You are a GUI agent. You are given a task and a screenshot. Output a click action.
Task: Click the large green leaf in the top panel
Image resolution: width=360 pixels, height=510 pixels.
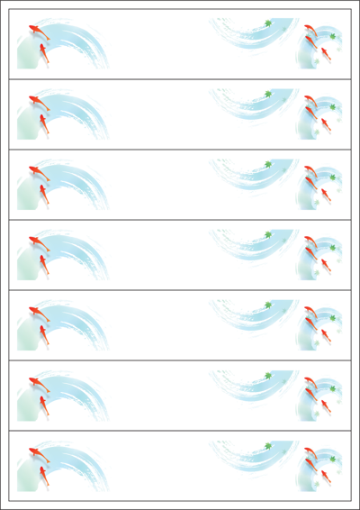[x=267, y=23]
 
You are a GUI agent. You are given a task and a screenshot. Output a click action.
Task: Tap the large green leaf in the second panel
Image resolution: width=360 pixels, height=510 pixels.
[x=267, y=94]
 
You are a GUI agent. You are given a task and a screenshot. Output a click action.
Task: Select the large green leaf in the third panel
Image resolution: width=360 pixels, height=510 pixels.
[x=267, y=164]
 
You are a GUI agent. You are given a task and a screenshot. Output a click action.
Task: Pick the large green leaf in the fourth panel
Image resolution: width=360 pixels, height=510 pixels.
[x=267, y=234]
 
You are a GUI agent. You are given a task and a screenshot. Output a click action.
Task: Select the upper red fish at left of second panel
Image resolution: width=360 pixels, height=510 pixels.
[x=35, y=100]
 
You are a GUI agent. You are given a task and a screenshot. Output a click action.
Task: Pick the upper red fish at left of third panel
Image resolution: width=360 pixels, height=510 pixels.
[x=35, y=170]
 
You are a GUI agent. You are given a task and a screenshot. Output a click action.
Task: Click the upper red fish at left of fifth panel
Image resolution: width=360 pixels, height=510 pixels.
[x=35, y=311]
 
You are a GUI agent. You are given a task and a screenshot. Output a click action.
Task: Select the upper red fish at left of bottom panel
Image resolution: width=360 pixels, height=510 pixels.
[x=35, y=451]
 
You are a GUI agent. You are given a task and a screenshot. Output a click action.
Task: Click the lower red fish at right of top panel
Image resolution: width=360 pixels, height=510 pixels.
[x=325, y=54]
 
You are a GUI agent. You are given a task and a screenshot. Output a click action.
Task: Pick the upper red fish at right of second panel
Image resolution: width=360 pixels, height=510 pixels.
[x=310, y=102]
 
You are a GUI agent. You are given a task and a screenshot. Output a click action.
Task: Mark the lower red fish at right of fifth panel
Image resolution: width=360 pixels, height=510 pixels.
[x=325, y=335]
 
